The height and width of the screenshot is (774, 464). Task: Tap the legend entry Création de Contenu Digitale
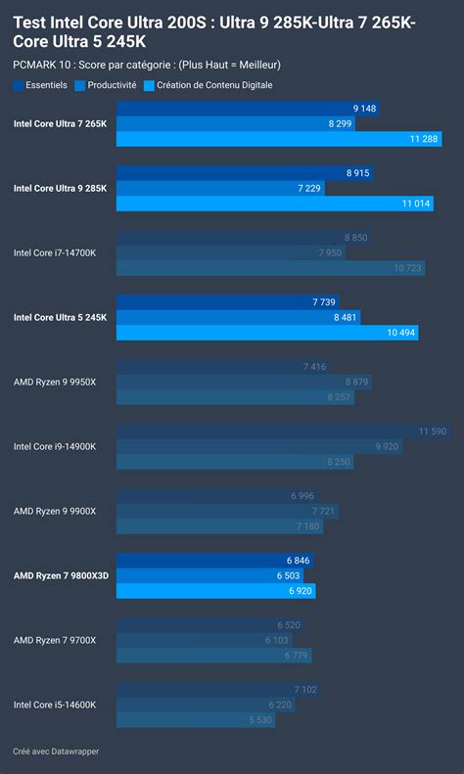pyautogui.click(x=207, y=85)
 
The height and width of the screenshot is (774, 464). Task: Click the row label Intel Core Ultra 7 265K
pyautogui.click(x=61, y=123)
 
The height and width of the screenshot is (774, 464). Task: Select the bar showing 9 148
pyautogui.click(x=245, y=108)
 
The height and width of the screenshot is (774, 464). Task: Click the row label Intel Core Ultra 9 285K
pyautogui.click(x=61, y=188)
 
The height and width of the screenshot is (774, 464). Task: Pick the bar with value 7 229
pyautogui.click(x=220, y=188)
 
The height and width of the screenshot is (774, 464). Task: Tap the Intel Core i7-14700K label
pyautogui.click(x=55, y=252)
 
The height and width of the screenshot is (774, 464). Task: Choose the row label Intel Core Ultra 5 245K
pyautogui.click(x=61, y=317)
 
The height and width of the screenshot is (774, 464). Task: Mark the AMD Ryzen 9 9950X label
pyautogui.click(x=55, y=382)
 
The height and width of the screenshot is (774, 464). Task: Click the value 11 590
pyautogui.click(x=432, y=431)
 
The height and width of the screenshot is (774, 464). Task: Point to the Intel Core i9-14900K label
pyautogui.click(x=55, y=446)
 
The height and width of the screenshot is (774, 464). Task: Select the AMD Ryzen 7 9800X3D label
pyautogui.click(x=61, y=575)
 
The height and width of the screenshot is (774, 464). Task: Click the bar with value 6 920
pyautogui.click(x=215, y=591)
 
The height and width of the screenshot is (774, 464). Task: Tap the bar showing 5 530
pyautogui.click(x=196, y=720)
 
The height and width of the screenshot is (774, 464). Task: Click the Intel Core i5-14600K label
pyautogui.click(x=55, y=705)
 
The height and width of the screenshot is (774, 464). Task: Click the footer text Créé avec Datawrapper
pyautogui.click(x=56, y=751)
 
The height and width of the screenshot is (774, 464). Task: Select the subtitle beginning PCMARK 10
pyautogui.click(x=147, y=65)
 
